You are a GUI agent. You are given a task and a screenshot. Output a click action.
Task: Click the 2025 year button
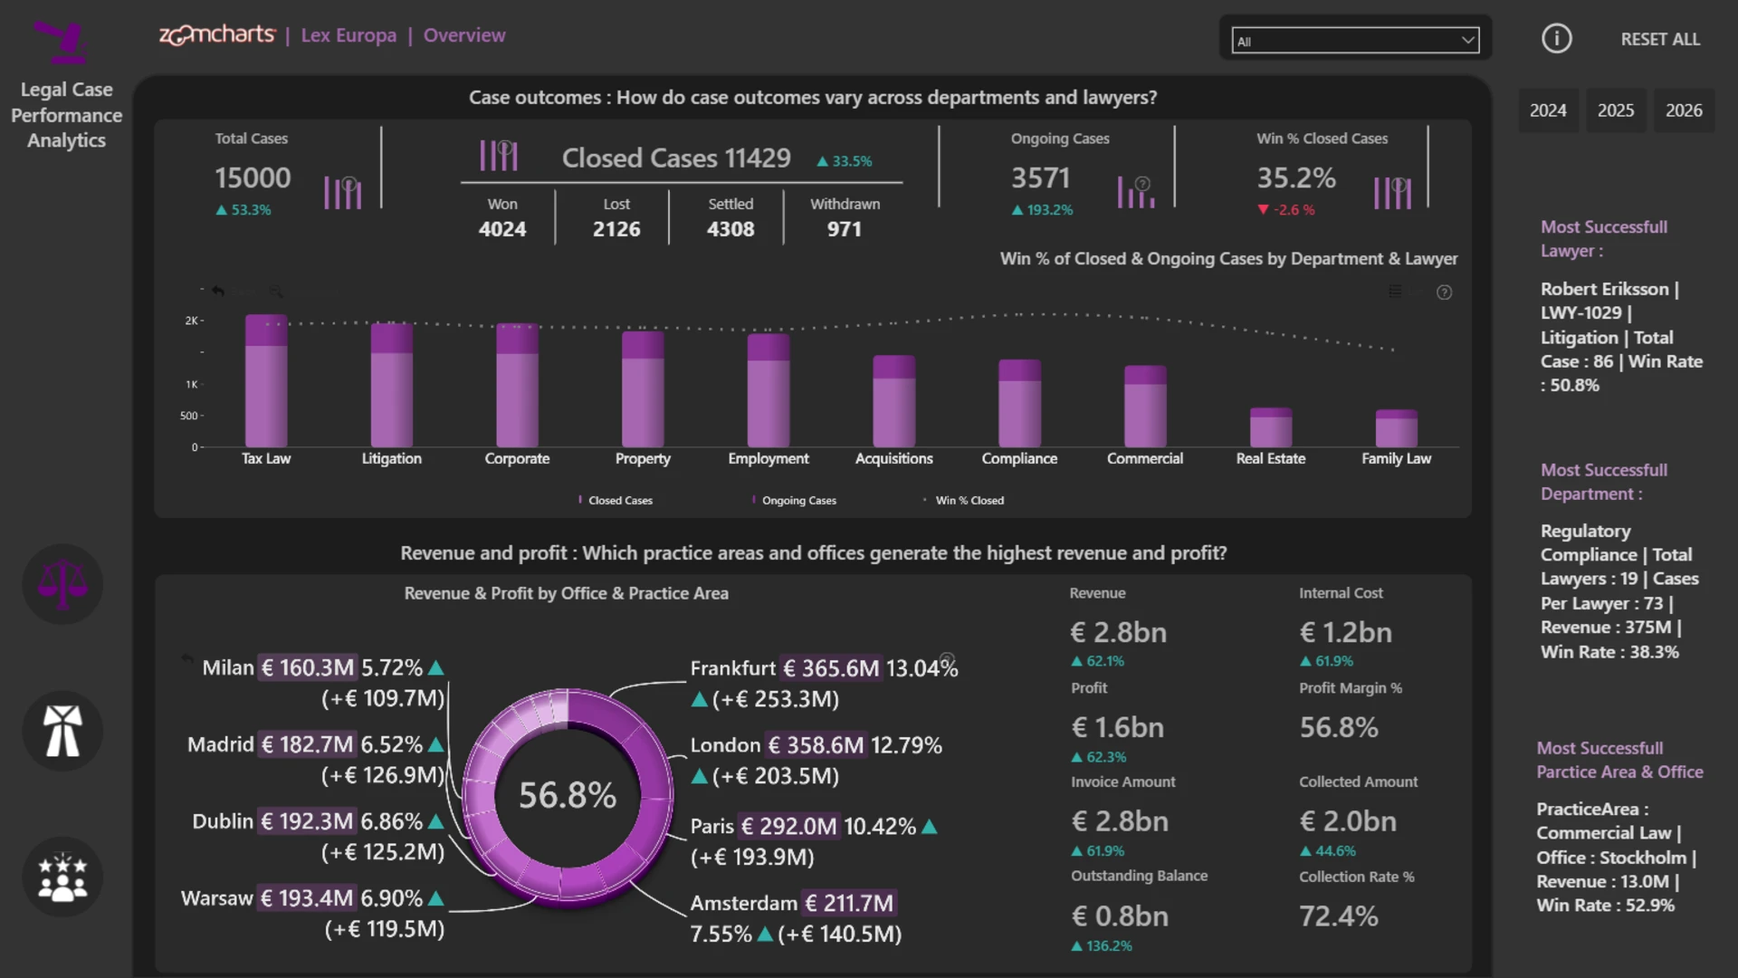1616,110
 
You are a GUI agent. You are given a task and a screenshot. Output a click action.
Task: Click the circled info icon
1557,39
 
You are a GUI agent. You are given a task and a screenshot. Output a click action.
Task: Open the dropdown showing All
1355,41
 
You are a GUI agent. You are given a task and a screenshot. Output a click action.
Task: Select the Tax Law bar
266,380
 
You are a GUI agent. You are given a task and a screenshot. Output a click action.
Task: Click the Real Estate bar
1271,427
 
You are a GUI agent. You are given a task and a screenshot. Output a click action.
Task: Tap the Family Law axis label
1396,459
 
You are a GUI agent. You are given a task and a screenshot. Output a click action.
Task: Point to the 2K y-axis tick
192,321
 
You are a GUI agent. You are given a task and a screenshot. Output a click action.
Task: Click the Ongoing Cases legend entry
794,501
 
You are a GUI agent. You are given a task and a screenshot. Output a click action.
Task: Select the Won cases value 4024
502,229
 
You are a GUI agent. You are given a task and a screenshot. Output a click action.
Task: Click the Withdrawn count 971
845,229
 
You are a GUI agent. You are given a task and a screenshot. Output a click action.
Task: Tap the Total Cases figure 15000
253,177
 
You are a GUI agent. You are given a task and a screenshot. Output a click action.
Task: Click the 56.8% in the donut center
568,796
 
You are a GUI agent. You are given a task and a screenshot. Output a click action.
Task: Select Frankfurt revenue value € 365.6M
831,668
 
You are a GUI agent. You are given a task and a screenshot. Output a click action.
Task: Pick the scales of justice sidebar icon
62,584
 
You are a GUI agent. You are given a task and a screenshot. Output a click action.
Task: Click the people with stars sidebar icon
62,877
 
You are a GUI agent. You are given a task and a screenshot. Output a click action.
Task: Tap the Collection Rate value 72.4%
1339,916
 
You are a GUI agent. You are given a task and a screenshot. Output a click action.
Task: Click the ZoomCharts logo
217,34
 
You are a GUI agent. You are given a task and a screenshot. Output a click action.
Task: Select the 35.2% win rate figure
1296,177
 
